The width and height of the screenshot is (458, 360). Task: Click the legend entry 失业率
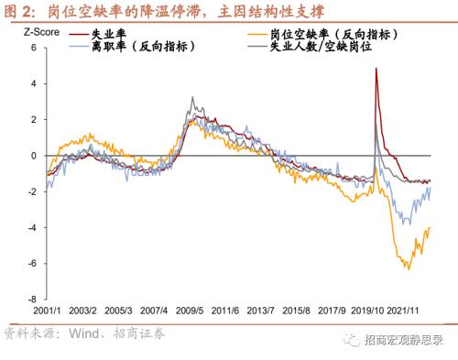click(x=93, y=34)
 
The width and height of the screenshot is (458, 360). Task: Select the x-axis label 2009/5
click(x=191, y=311)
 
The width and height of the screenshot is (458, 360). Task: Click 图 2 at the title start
click(x=20, y=11)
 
